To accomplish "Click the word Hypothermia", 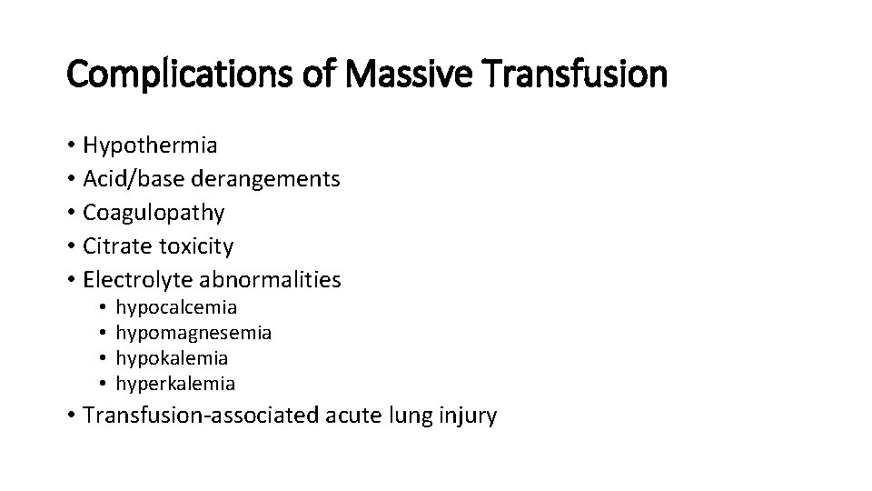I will point(150,145).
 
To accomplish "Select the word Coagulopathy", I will point(154,213).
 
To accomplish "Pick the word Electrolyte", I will point(131,280).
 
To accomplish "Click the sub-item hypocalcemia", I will point(177,308).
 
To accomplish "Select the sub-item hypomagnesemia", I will point(194,334).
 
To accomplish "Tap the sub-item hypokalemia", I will point(173,358).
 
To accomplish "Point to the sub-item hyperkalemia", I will point(176,384).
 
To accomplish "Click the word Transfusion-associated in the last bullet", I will point(199,416).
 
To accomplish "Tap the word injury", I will point(468,416).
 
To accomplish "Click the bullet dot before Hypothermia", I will point(71,146).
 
